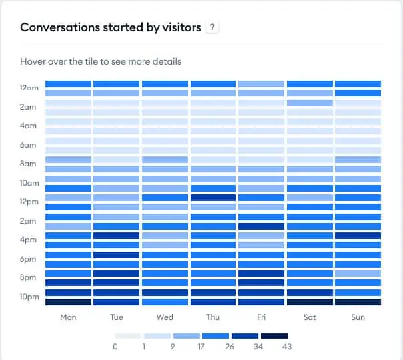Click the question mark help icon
[x=212, y=27]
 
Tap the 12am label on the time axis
[x=29, y=88]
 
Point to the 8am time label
[x=29, y=164]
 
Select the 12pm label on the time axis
[x=29, y=202]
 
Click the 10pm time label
[x=29, y=297]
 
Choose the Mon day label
[x=68, y=317]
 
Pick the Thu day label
[x=213, y=317]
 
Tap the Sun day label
[x=358, y=317]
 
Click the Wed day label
[x=165, y=317]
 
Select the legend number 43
[x=287, y=347]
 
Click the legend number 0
[x=115, y=347]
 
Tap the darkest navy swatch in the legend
[x=274, y=336]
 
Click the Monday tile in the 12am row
[x=68, y=84]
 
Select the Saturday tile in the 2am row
[x=310, y=103]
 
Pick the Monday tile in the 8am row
[x=68, y=160]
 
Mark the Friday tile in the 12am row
[x=261, y=84]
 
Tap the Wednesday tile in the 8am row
[x=165, y=160]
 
